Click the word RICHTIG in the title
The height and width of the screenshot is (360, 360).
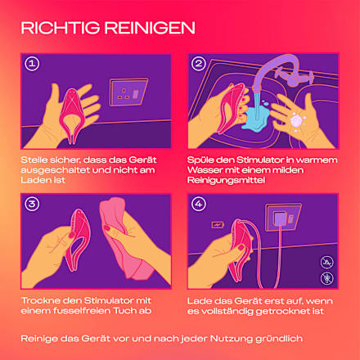(61, 28)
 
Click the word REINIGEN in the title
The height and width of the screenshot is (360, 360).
(150, 28)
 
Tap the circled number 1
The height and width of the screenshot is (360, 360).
(32, 64)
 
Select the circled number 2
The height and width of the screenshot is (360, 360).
(199, 64)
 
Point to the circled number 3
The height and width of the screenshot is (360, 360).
(32, 204)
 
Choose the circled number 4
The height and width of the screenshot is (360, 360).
(199, 204)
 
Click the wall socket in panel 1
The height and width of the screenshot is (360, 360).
(128, 92)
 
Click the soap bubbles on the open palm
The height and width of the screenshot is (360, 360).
(298, 121)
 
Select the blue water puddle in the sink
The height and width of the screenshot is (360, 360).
(256, 118)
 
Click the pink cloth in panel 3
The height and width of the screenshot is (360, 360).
(124, 237)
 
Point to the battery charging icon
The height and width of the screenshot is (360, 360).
(218, 225)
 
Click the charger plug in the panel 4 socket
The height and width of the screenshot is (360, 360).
(280, 219)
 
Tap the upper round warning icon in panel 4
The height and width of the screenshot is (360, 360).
(326, 263)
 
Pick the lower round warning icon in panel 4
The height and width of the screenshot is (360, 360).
(326, 278)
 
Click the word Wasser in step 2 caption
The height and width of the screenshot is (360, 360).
(205, 170)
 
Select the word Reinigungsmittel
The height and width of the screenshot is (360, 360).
(226, 180)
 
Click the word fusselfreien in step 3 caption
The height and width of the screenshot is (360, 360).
(82, 311)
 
